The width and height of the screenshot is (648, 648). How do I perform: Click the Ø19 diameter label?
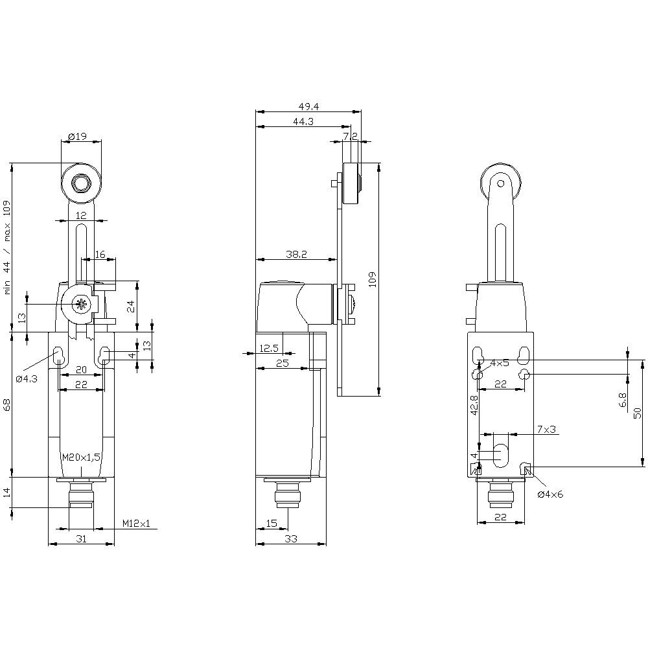pyautogui.click(x=77, y=136)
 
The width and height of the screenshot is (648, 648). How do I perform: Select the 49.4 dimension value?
pyautogui.click(x=308, y=107)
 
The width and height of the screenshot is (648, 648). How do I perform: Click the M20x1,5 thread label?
pyautogui.click(x=81, y=457)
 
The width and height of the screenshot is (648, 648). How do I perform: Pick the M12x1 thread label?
pyautogui.click(x=135, y=524)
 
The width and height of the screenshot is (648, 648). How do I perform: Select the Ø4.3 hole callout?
pyautogui.click(x=26, y=378)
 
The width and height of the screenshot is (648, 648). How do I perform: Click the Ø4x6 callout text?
pyautogui.click(x=551, y=494)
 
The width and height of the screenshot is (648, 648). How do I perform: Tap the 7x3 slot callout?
pyautogui.click(x=547, y=430)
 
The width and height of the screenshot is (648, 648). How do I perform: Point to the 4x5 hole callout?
pyautogui.click(x=500, y=364)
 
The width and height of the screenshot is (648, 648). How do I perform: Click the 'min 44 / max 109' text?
pyautogui.click(x=8, y=248)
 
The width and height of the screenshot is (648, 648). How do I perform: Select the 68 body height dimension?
pyautogui.click(x=7, y=405)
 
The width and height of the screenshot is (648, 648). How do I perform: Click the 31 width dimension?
pyautogui.click(x=81, y=538)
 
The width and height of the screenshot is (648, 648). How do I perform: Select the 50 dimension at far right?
pyautogui.click(x=638, y=412)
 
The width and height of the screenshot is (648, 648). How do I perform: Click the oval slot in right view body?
pyautogui.click(x=500, y=454)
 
